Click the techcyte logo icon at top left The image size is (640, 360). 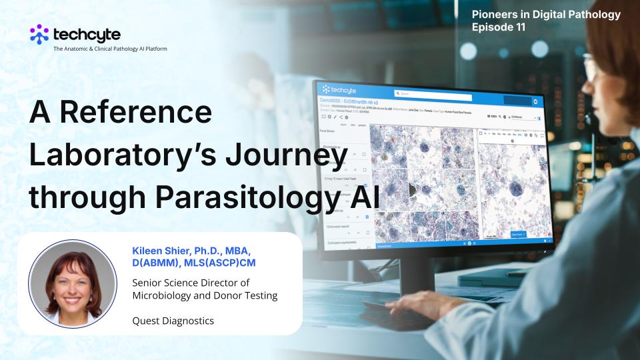click(x=39, y=33)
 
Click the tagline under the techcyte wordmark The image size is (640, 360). click(x=110, y=49)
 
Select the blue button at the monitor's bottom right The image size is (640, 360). click(x=519, y=235)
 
